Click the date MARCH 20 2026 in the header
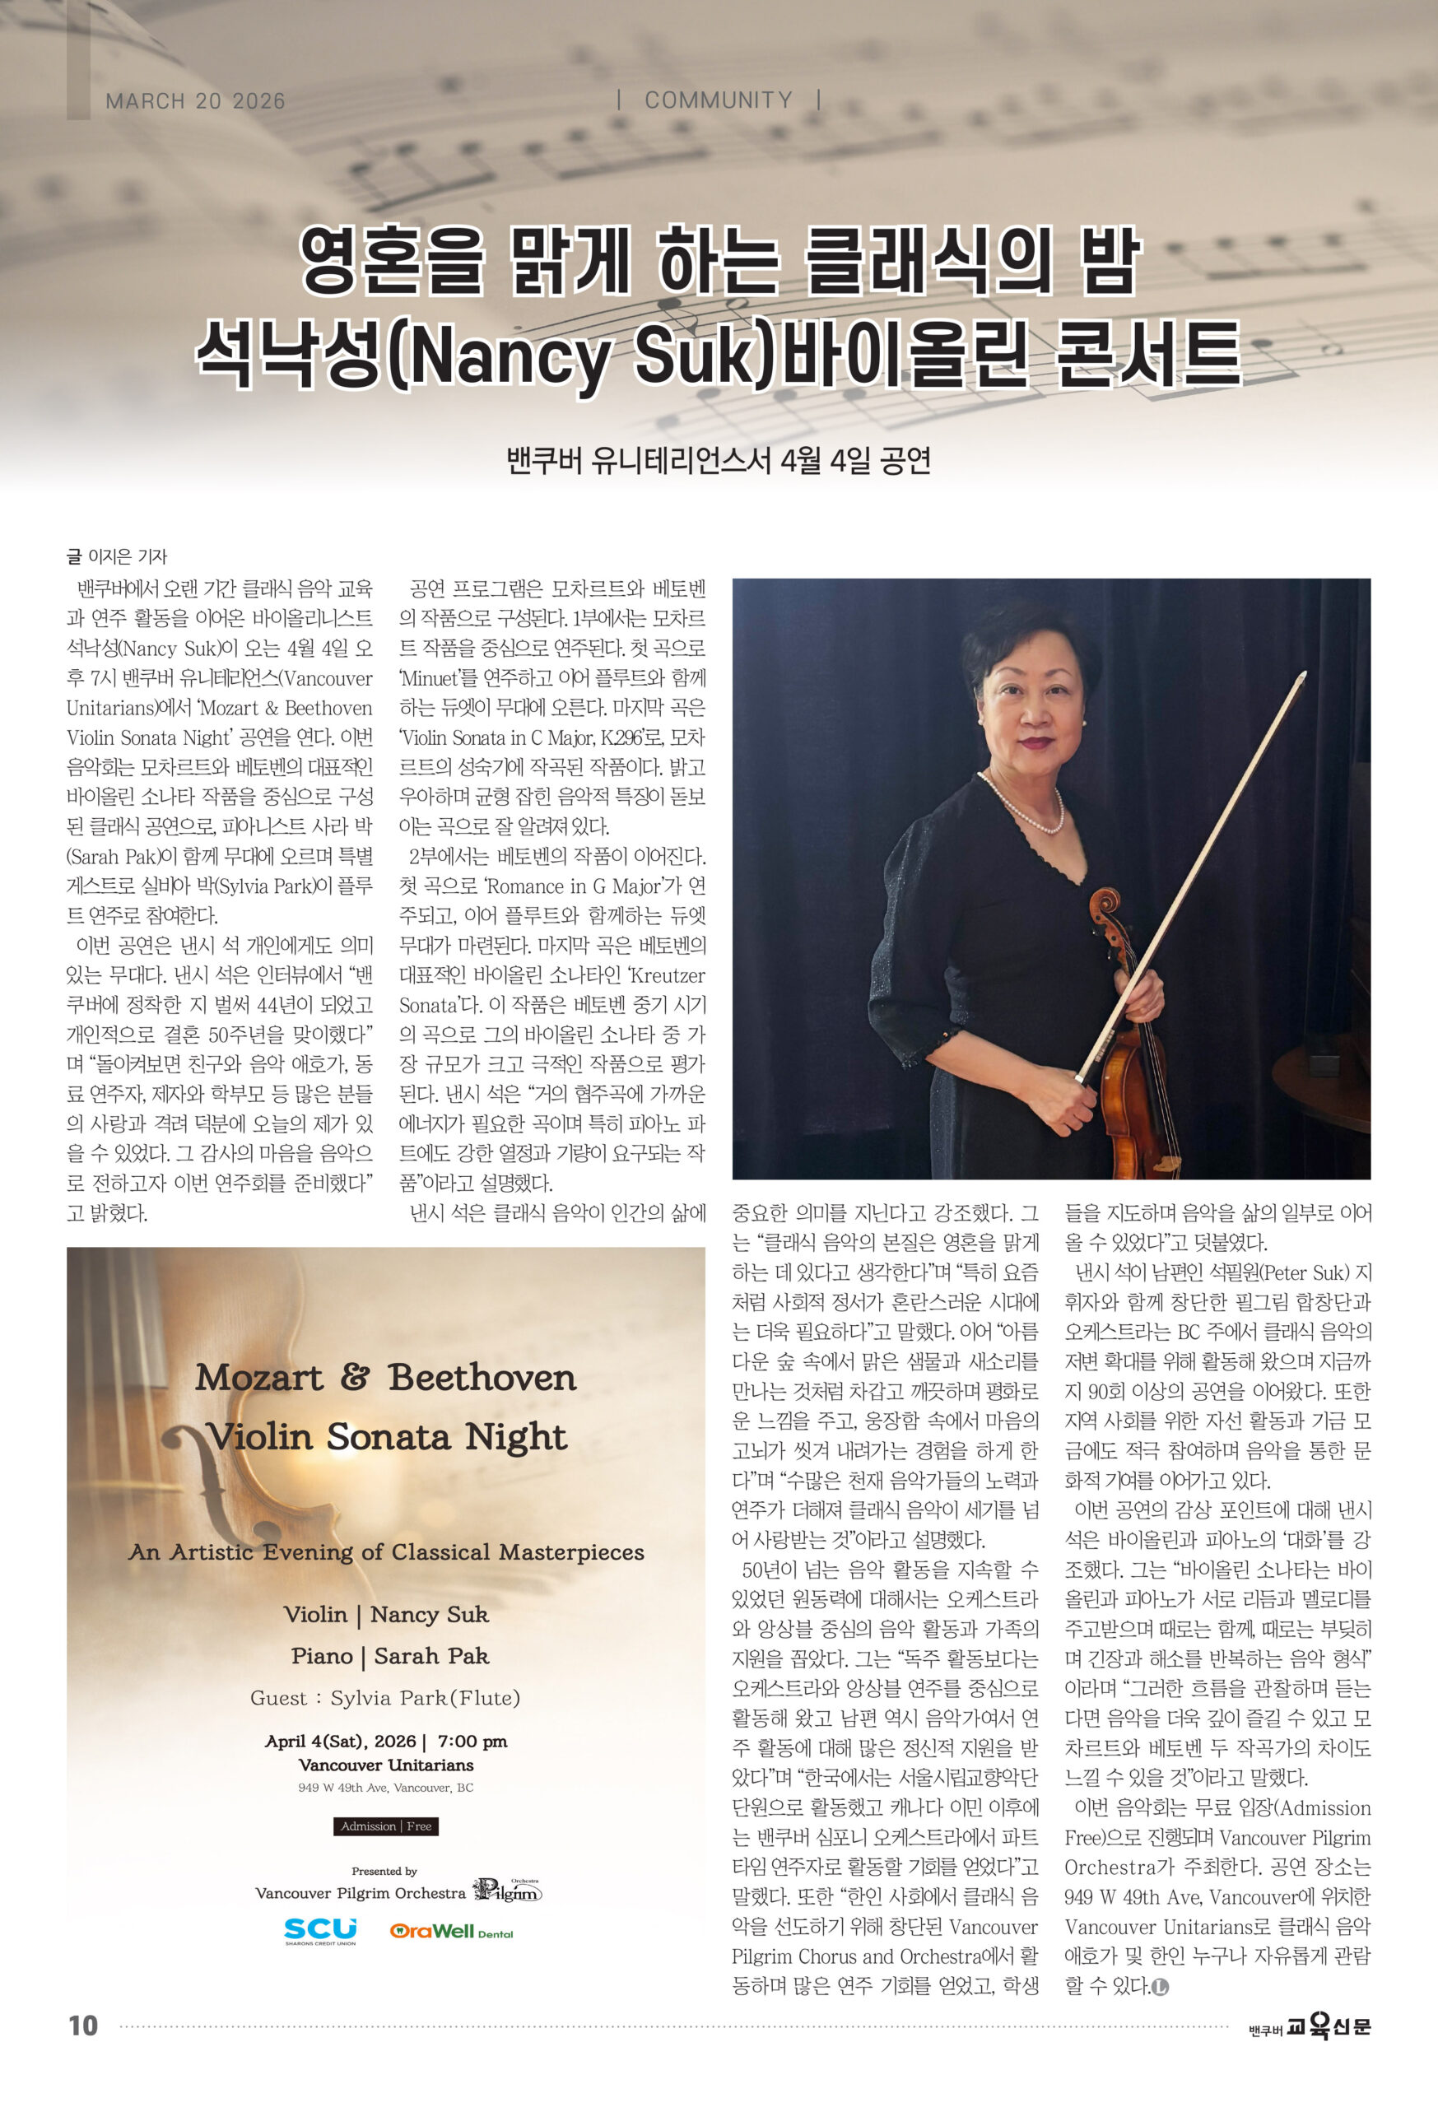[x=195, y=100]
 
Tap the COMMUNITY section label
[x=718, y=100]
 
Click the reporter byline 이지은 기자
[x=127, y=556]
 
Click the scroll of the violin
[x=1105, y=907]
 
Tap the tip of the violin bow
[x=1302, y=676]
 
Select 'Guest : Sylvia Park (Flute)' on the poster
[x=385, y=1697]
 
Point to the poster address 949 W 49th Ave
[x=385, y=1788]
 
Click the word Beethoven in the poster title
[x=482, y=1378]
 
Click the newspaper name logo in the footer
[x=1310, y=2026]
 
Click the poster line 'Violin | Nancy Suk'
[x=386, y=1614]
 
